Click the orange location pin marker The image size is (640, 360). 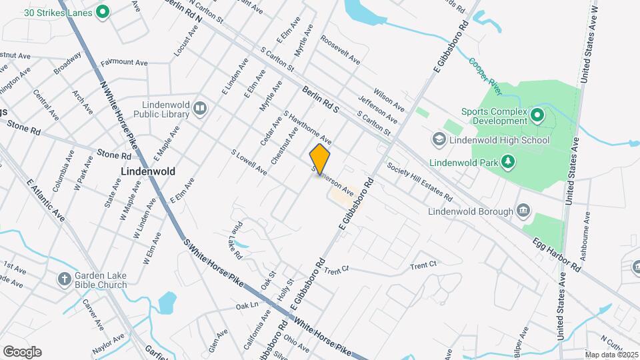coord(320,159)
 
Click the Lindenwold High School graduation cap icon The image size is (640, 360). coord(439,140)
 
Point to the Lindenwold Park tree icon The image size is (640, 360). coord(508,161)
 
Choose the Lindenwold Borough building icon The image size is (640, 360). coord(523,212)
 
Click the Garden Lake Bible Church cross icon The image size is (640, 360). coord(64,279)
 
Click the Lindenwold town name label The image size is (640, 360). coord(148,171)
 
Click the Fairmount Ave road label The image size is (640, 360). coord(124,62)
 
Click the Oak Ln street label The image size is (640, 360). coord(247,305)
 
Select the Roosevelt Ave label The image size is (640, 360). coord(340,50)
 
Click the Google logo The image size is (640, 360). coord(22,351)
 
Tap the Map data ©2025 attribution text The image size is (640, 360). coord(611,355)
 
